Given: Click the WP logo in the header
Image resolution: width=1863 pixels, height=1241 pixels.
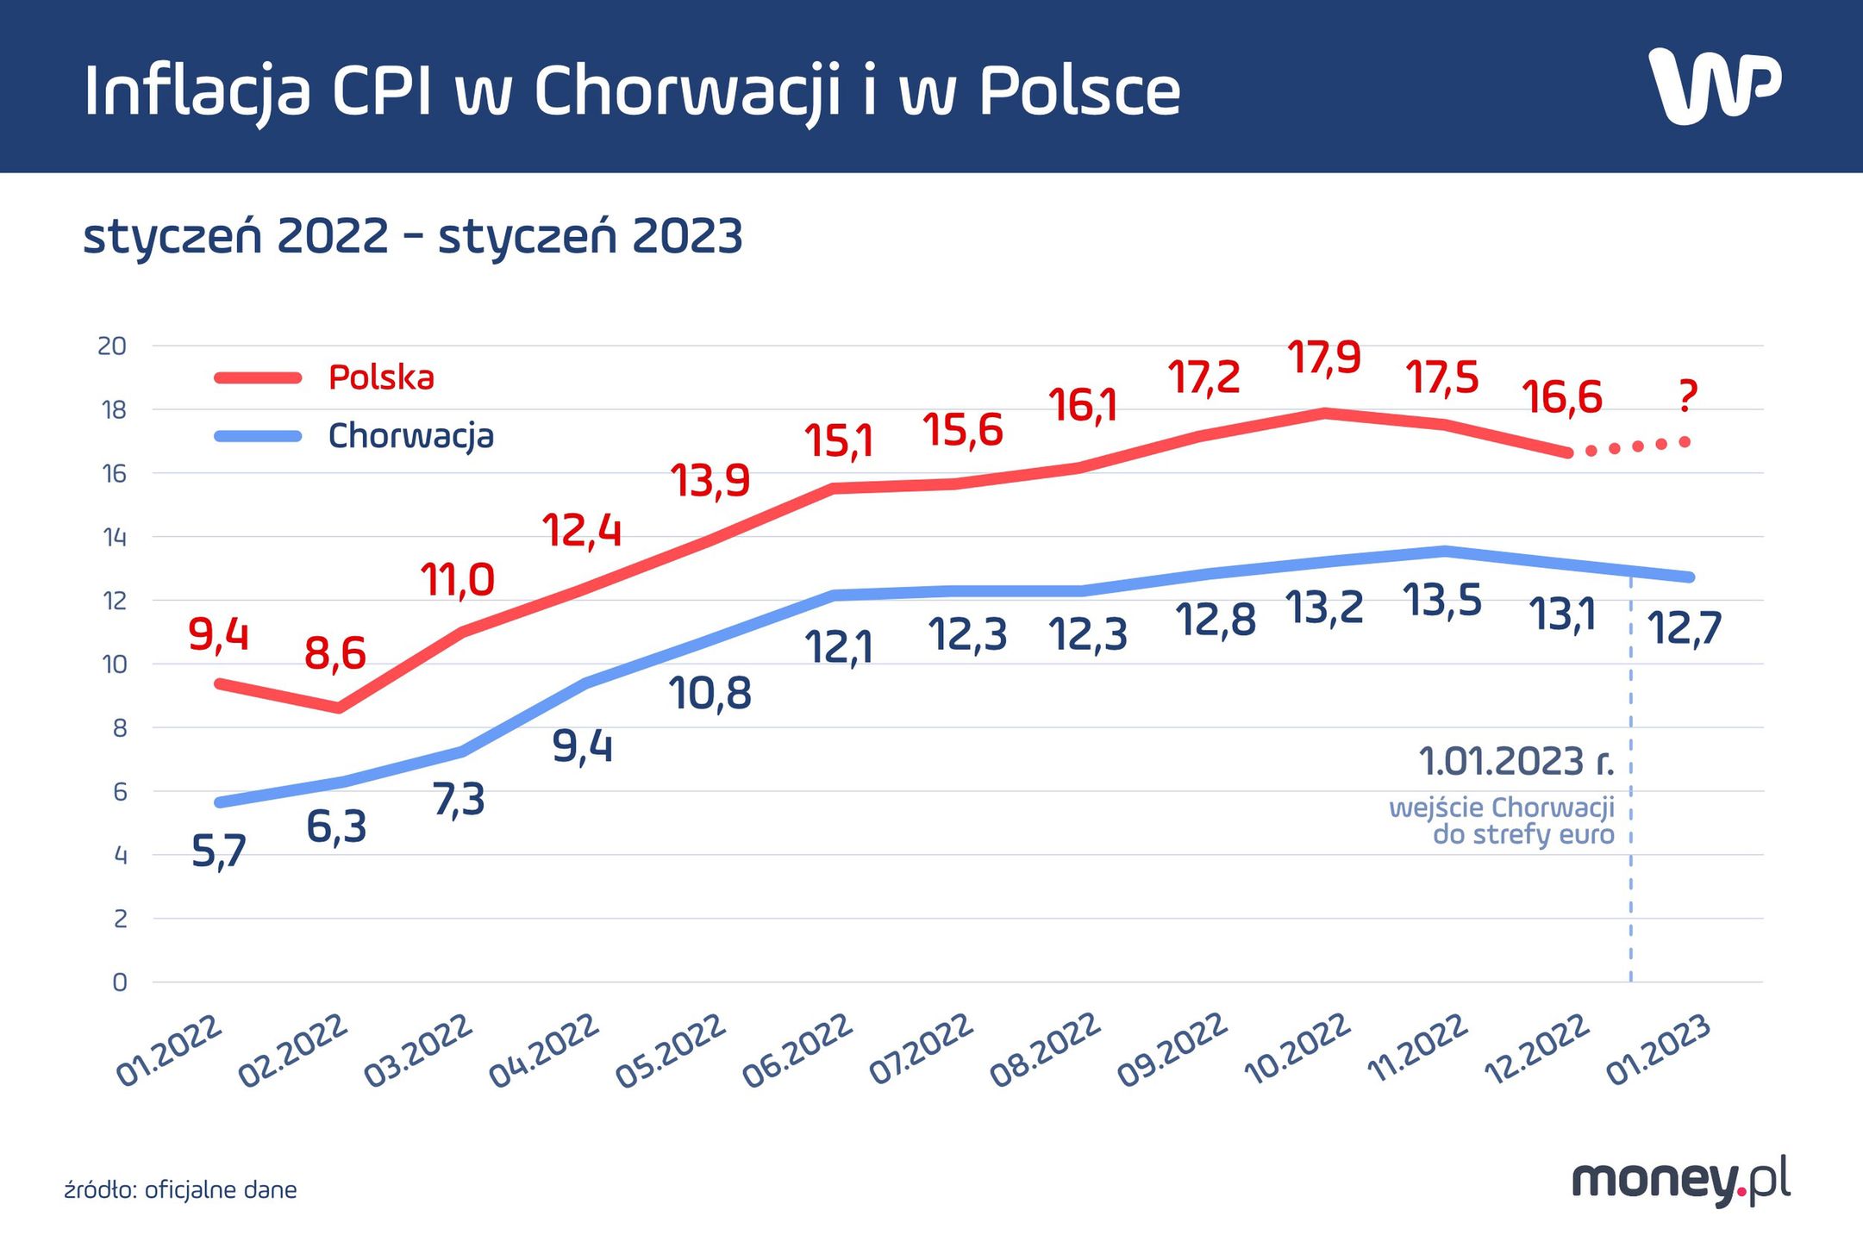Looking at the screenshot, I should (1714, 86).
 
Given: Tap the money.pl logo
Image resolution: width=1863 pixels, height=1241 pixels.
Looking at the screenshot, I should (1680, 1180).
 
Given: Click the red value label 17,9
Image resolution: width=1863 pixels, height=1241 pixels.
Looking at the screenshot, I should (1324, 357).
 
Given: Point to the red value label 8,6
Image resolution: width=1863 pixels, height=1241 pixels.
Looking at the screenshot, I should (335, 653).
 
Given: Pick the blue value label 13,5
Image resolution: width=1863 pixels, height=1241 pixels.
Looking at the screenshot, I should (1442, 601).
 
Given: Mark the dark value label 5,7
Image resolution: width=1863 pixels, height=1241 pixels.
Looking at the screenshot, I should (219, 852).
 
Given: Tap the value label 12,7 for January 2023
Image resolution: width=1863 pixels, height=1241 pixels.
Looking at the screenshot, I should (1684, 628).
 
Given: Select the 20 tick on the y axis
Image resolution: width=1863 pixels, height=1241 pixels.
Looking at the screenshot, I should (112, 346).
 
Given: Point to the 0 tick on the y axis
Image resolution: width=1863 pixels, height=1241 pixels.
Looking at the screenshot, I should (120, 982).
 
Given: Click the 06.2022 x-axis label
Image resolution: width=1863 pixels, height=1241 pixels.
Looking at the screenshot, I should (797, 1050).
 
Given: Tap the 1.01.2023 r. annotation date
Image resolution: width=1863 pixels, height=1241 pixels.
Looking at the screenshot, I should (1515, 762).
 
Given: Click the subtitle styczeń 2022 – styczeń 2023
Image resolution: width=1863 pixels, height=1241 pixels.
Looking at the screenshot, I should (412, 236).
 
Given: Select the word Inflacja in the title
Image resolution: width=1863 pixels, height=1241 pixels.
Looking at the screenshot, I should (197, 91).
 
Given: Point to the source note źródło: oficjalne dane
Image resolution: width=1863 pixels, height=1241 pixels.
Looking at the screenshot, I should (180, 1190).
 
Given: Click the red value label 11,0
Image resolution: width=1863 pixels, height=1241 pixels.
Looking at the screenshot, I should (458, 580).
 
